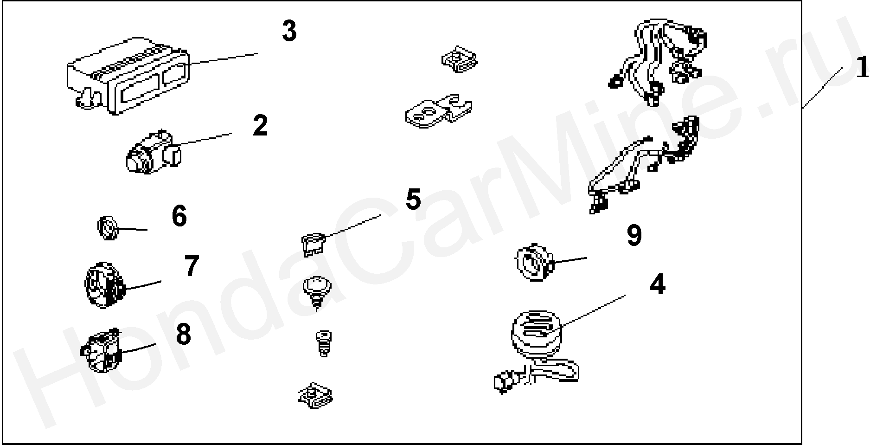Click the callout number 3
pyautogui.click(x=289, y=32)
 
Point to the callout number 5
pyautogui.click(x=413, y=199)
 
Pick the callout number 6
pyautogui.click(x=179, y=216)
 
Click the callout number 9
pyautogui.click(x=634, y=235)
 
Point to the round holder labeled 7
pyautogui.click(x=105, y=284)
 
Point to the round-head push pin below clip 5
pyautogui.click(x=316, y=292)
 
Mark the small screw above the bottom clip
pyautogui.click(x=323, y=343)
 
